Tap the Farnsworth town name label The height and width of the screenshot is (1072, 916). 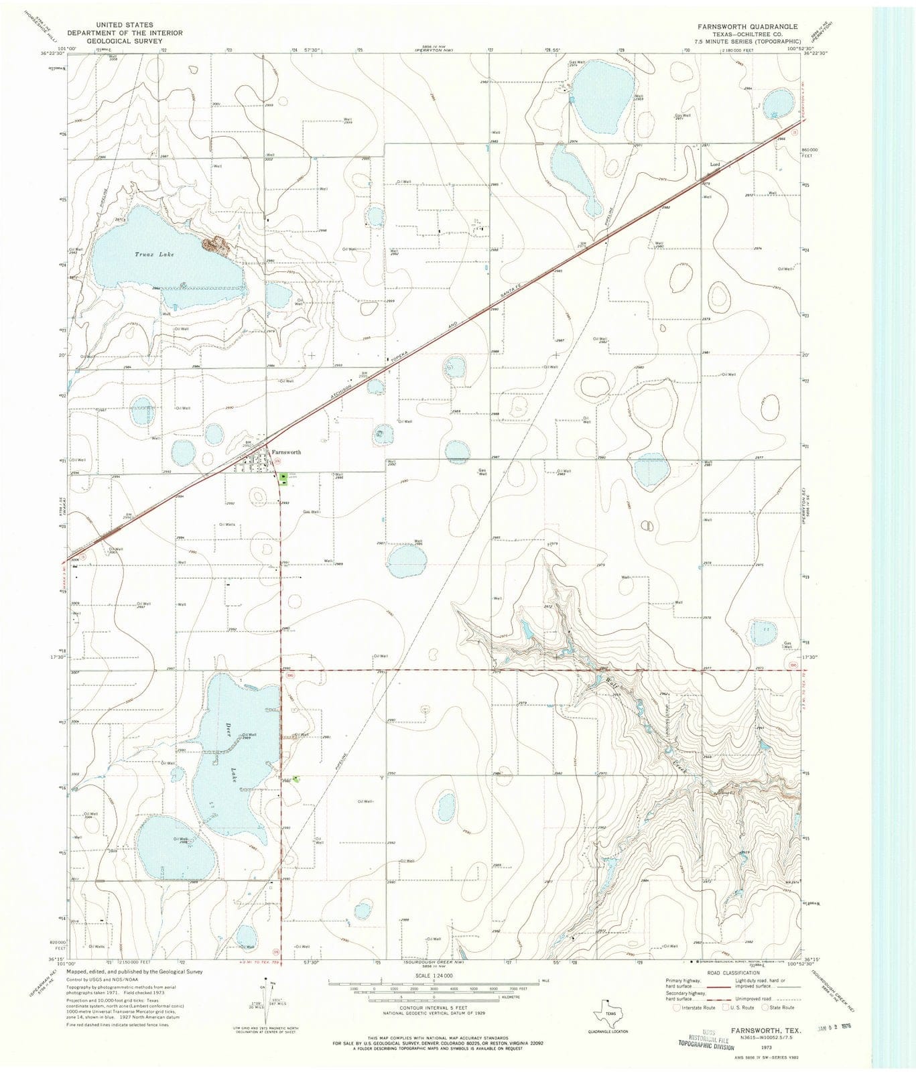[285, 452]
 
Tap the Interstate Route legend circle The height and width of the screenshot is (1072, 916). [677, 1008]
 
